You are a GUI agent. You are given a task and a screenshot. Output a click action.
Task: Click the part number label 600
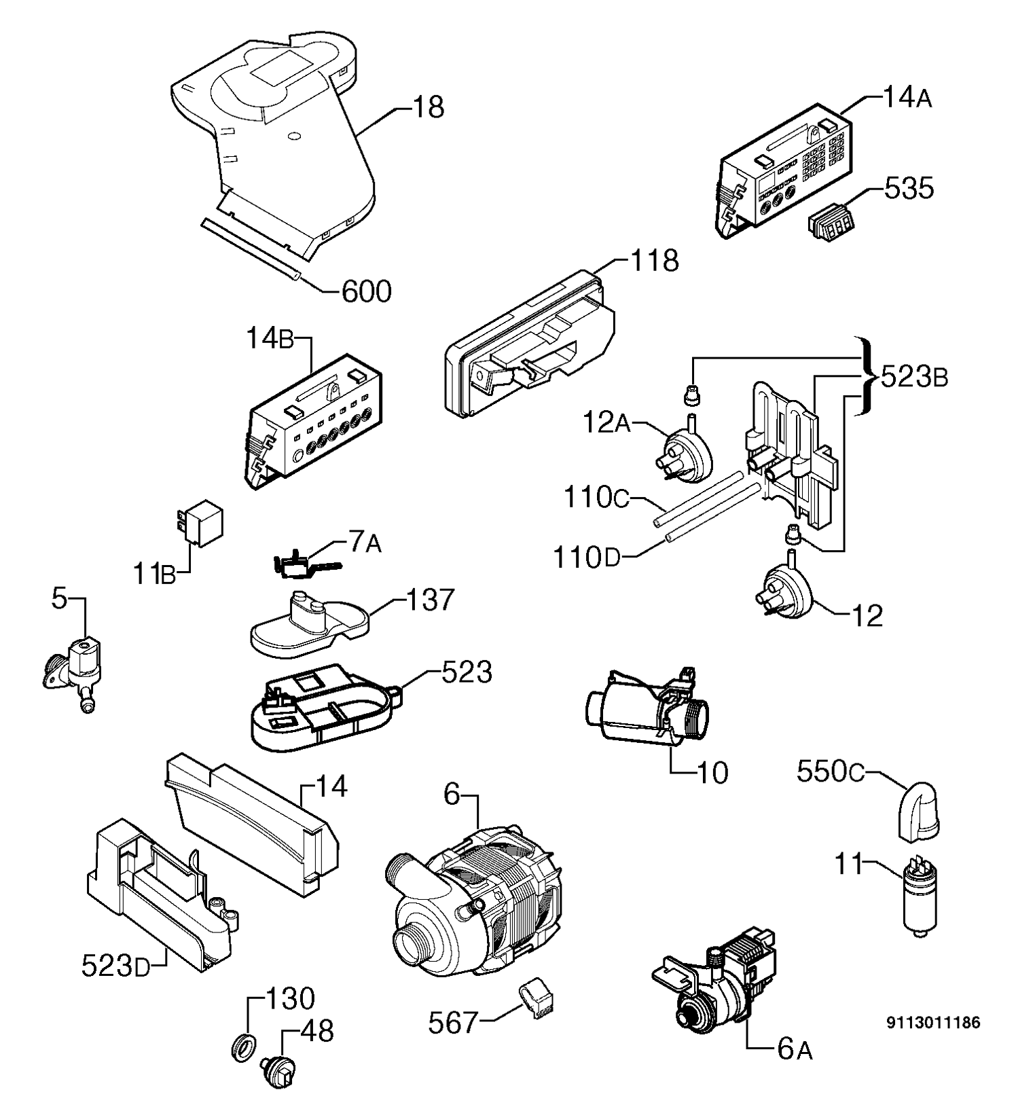(365, 292)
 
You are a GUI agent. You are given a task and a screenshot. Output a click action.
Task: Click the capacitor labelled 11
(919, 898)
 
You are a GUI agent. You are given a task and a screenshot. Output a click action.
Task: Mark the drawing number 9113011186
(933, 1022)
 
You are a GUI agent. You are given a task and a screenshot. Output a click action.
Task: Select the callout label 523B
(913, 378)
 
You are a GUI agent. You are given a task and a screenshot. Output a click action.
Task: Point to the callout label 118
(654, 260)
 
